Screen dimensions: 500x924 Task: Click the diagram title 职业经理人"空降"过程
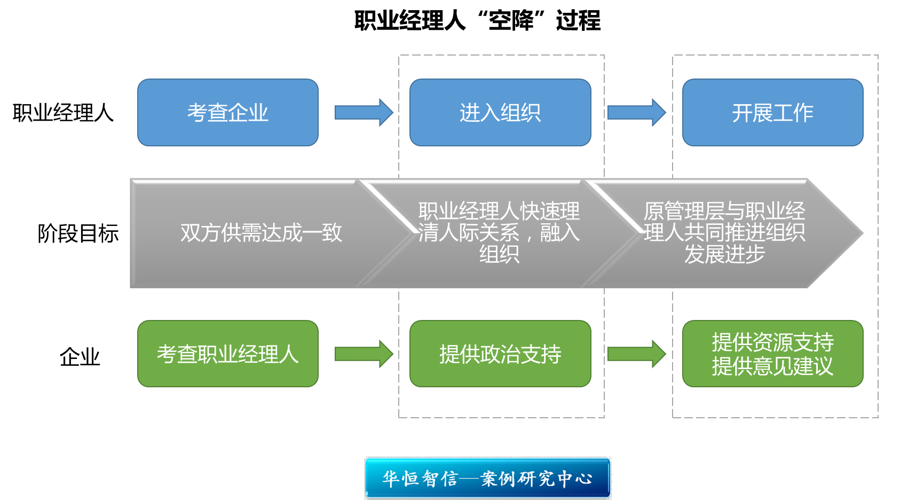(x=477, y=21)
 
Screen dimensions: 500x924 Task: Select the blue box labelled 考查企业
(x=228, y=113)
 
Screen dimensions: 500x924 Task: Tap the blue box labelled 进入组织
(x=500, y=113)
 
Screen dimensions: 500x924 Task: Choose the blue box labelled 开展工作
(x=772, y=113)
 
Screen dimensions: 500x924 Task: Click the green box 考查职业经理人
(x=228, y=354)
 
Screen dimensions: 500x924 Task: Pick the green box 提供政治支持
(x=500, y=354)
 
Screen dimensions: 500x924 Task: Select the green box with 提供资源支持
(x=772, y=342)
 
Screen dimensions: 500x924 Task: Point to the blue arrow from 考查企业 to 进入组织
(x=364, y=112)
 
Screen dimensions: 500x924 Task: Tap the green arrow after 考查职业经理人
(x=364, y=354)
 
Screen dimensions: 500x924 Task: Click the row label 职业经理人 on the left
(x=63, y=113)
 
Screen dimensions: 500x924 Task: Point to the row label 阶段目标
(x=78, y=233)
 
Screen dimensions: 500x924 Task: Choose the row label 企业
(x=80, y=357)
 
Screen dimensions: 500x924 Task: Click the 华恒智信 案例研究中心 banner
(x=488, y=478)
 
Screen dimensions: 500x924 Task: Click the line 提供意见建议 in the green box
(x=772, y=366)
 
